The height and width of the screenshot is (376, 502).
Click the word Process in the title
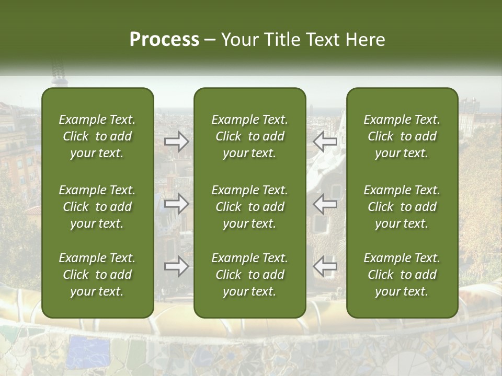pyautogui.click(x=164, y=40)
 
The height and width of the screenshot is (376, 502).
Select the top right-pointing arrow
pyautogui.click(x=176, y=142)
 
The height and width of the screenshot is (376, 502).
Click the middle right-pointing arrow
pyautogui.click(x=176, y=204)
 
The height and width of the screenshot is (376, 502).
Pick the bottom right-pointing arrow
pyautogui.click(x=176, y=267)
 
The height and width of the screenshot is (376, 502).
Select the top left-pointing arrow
pyautogui.click(x=325, y=142)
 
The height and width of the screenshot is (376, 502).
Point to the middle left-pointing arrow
pyautogui.click(x=325, y=204)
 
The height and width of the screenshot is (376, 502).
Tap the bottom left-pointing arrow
pyautogui.click(x=325, y=267)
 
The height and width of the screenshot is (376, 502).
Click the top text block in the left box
pyautogui.click(x=97, y=136)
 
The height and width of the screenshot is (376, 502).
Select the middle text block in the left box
pyautogui.click(x=97, y=207)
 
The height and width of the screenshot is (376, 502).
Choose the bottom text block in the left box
pyautogui.click(x=97, y=275)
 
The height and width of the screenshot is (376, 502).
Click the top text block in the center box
pyautogui.click(x=250, y=136)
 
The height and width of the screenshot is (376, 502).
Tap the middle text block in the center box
pyautogui.click(x=250, y=207)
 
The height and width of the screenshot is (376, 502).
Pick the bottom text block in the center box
pyautogui.click(x=250, y=275)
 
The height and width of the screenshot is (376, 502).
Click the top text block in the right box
pyautogui.click(x=402, y=136)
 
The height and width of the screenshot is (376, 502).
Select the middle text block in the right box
pyautogui.click(x=402, y=207)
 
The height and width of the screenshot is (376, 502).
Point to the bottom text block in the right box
pyautogui.click(x=402, y=275)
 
